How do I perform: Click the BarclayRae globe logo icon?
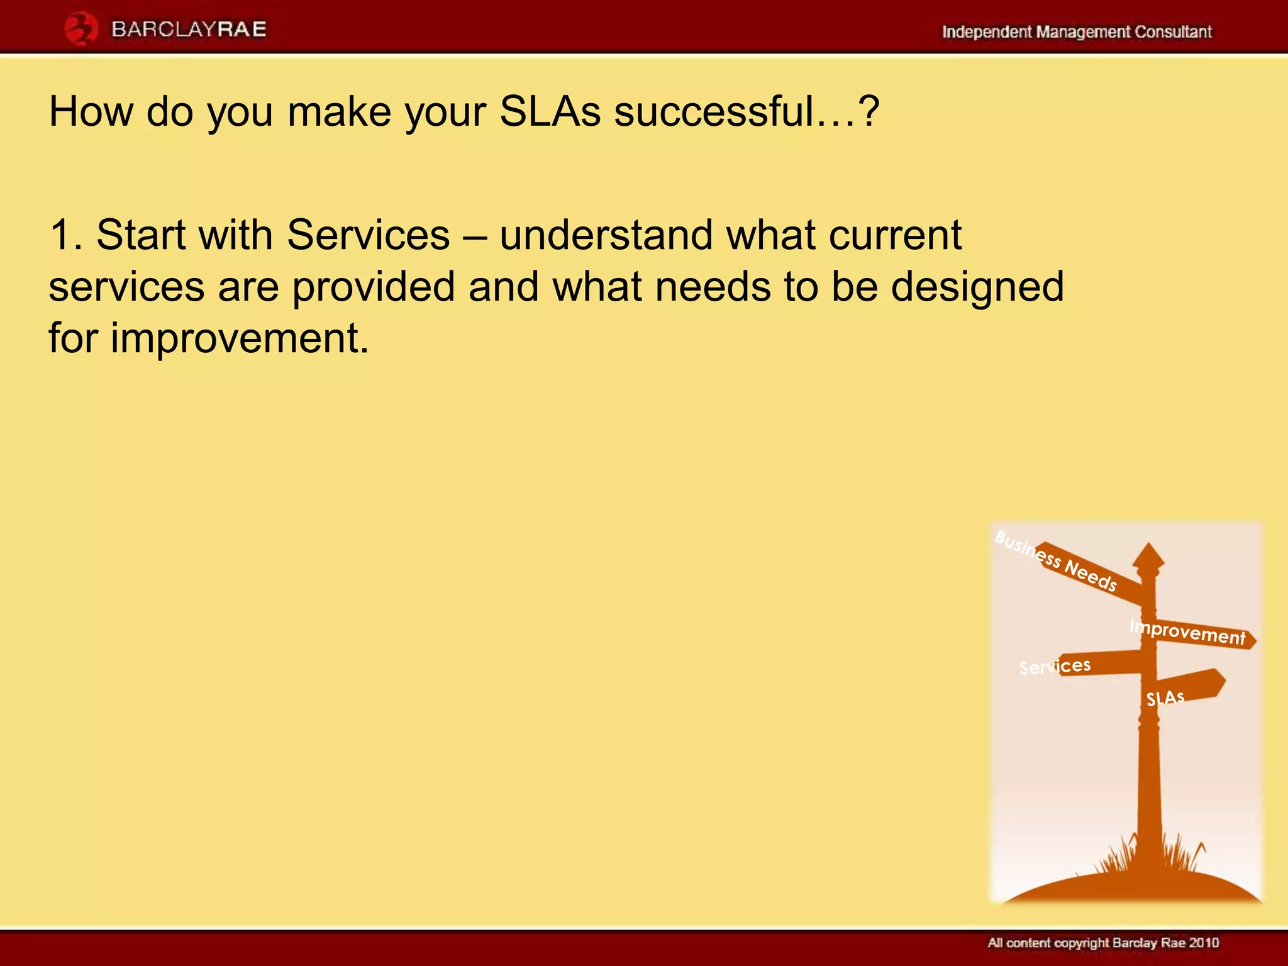pyautogui.click(x=81, y=30)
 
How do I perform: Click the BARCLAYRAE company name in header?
pyautogui.click(x=189, y=30)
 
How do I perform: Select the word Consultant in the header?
pyautogui.click(x=1172, y=32)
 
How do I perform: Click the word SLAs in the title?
pyautogui.click(x=550, y=112)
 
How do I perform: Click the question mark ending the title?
pyautogui.click(x=869, y=112)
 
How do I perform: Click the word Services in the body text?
pyautogui.click(x=368, y=235)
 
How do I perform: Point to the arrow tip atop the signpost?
pyautogui.click(x=1148, y=553)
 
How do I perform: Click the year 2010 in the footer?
pyautogui.click(x=1204, y=943)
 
